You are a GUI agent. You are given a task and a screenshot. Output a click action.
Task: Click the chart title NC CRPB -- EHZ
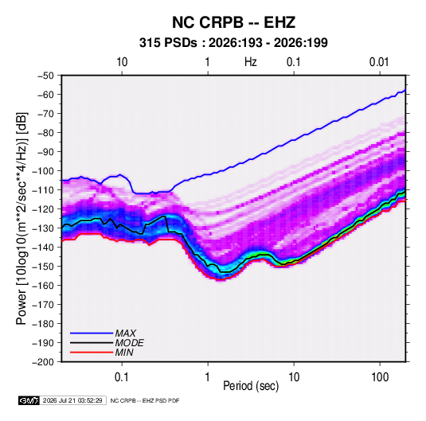(x=233, y=22)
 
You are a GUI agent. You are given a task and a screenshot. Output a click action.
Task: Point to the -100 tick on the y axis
(x=43, y=171)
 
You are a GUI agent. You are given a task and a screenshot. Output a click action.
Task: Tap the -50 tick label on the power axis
(x=45, y=76)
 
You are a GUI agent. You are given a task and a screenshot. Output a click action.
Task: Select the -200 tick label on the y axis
(x=43, y=362)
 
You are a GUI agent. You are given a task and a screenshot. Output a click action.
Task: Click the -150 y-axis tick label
(x=43, y=266)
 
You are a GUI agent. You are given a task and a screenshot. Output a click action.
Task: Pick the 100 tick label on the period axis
(x=380, y=376)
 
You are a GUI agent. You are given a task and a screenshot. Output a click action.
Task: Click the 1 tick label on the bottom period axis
(x=208, y=376)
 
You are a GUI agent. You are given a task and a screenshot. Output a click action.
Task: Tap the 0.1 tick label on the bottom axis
(x=122, y=376)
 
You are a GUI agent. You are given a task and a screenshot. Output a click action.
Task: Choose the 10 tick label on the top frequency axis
(x=122, y=62)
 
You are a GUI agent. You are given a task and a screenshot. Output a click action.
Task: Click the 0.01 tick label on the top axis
(x=379, y=62)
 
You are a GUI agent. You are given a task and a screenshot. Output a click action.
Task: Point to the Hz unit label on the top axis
(x=251, y=62)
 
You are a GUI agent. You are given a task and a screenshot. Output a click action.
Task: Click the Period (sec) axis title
(x=251, y=386)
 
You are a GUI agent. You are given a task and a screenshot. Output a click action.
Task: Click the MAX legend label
(x=126, y=333)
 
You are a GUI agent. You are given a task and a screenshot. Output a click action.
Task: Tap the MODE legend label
(x=130, y=343)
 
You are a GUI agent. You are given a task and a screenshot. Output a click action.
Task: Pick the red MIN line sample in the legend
(x=92, y=353)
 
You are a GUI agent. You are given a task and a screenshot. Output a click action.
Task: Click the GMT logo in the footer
(x=29, y=400)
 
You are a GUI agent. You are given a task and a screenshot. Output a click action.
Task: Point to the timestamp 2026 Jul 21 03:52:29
(x=72, y=400)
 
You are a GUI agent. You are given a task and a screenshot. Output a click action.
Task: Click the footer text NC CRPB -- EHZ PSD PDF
(x=145, y=400)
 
